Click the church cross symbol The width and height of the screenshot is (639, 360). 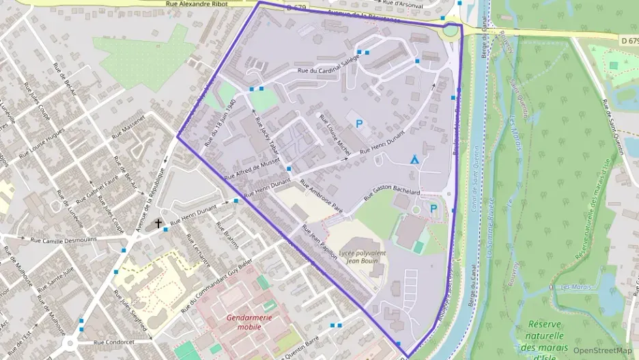pos(158,223)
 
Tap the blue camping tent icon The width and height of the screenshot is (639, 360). pos(414,159)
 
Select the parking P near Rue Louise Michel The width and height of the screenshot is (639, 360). pos(359,124)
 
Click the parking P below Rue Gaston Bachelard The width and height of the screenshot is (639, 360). pos(433,208)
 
